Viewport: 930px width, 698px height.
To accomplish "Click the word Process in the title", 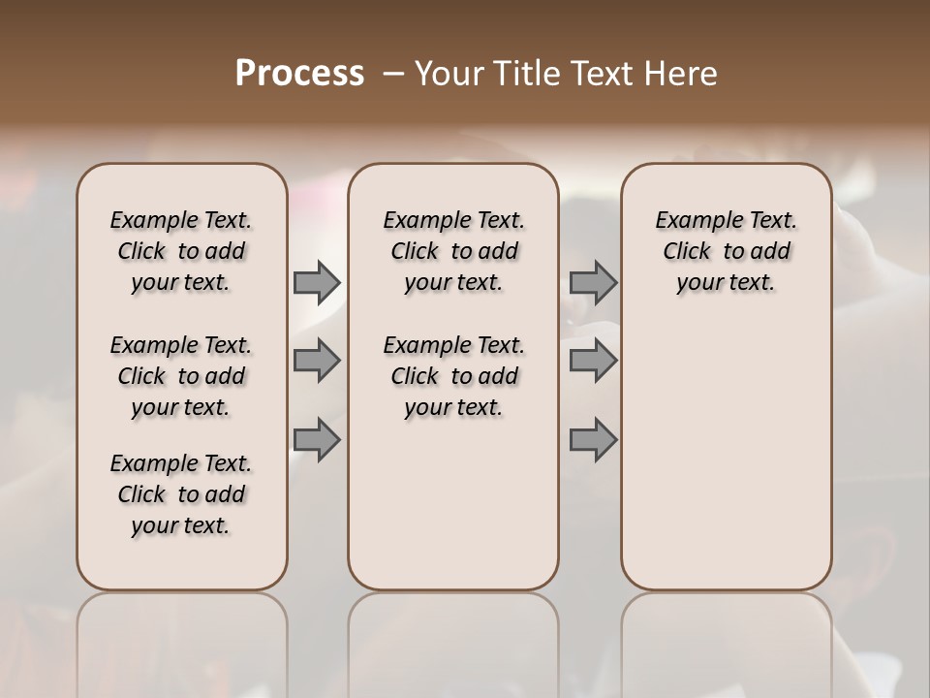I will point(299,74).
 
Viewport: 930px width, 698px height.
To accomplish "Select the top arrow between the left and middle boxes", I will point(317,282).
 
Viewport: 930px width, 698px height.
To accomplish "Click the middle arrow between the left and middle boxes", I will point(317,361).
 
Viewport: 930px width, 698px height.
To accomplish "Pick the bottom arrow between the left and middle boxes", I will point(317,440).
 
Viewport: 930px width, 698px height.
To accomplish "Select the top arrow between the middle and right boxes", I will point(593,282).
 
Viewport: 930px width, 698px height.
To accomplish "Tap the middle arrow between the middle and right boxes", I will point(593,361).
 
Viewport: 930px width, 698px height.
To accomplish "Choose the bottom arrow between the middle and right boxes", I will point(593,440).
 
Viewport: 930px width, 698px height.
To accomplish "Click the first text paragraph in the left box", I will point(181,251).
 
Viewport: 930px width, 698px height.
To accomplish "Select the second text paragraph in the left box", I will point(181,376).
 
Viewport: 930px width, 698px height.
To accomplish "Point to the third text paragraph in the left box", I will point(181,494).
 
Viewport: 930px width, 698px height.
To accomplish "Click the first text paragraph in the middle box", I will point(453,251).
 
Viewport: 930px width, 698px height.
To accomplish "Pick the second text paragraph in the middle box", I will point(453,376).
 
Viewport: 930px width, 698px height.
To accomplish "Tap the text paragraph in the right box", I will point(727,251).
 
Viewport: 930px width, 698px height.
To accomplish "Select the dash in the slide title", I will point(393,74).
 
